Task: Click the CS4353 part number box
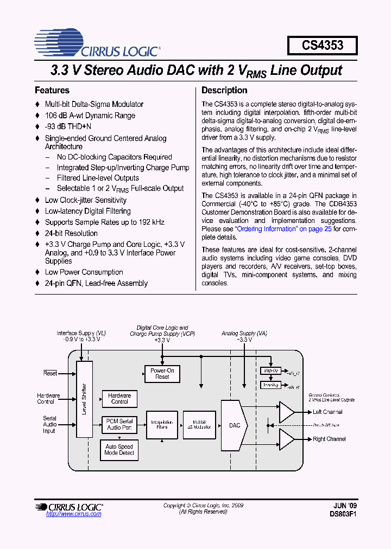(x=323, y=45)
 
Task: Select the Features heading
(x=52, y=91)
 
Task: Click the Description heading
(x=224, y=91)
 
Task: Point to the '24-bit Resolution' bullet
(x=71, y=233)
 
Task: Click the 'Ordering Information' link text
(x=266, y=229)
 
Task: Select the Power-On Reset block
(x=162, y=373)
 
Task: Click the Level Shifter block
(x=84, y=400)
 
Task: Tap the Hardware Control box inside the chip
(x=119, y=399)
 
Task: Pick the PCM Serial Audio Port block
(x=119, y=424)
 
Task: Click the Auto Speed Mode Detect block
(x=119, y=450)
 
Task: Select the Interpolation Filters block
(x=162, y=424)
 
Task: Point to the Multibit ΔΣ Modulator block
(x=199, y=424)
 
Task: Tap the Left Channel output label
(x=327, y=412)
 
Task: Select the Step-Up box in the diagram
(x=270, y=371)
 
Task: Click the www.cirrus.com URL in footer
(x=74, y=514)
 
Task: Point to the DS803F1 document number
(x=344, y=513)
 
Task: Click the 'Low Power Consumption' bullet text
(x=84, y=272)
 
